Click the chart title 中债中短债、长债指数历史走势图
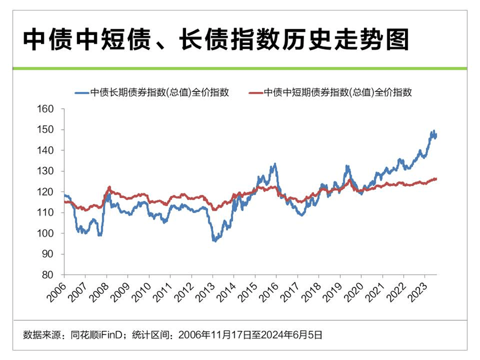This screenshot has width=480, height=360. [216, 39]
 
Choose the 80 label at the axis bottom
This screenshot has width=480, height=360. [49, 275]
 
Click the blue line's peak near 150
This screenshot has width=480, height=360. [433, 131]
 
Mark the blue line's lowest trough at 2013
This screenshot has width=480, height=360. [214, 241]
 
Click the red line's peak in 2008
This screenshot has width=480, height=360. [109, 187]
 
